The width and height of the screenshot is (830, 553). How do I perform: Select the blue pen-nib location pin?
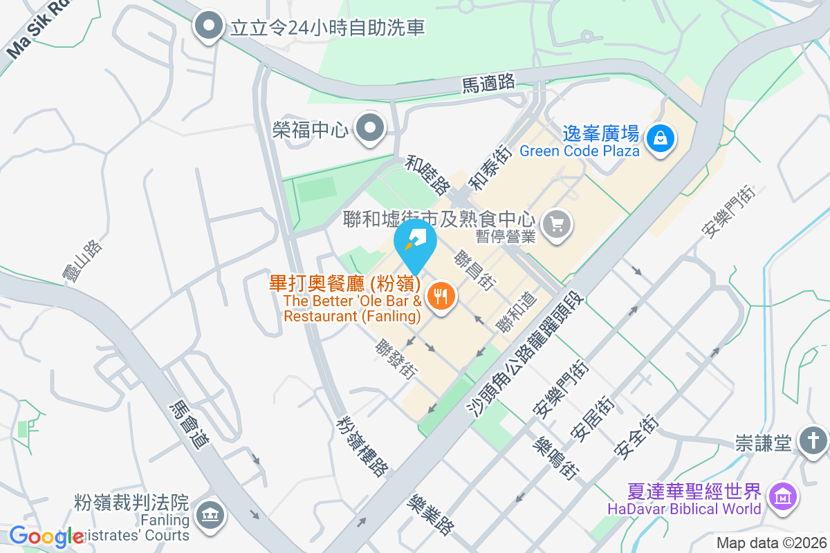pos(415,243)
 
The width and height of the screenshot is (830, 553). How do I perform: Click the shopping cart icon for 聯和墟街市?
pos(557,223)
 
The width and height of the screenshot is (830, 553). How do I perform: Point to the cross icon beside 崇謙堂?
pos(813,440)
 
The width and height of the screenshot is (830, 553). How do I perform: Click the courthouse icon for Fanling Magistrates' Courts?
pos(208,514)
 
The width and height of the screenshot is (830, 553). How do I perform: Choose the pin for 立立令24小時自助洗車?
pos(208,28)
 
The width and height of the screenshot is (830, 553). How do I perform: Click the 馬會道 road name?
pos(189,425)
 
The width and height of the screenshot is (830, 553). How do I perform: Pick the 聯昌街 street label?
pos(474,271)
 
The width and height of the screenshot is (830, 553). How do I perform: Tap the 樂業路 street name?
pos(430,514)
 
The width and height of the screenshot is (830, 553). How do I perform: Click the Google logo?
pos(46,536)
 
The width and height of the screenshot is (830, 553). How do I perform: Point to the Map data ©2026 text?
pos(771,543)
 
